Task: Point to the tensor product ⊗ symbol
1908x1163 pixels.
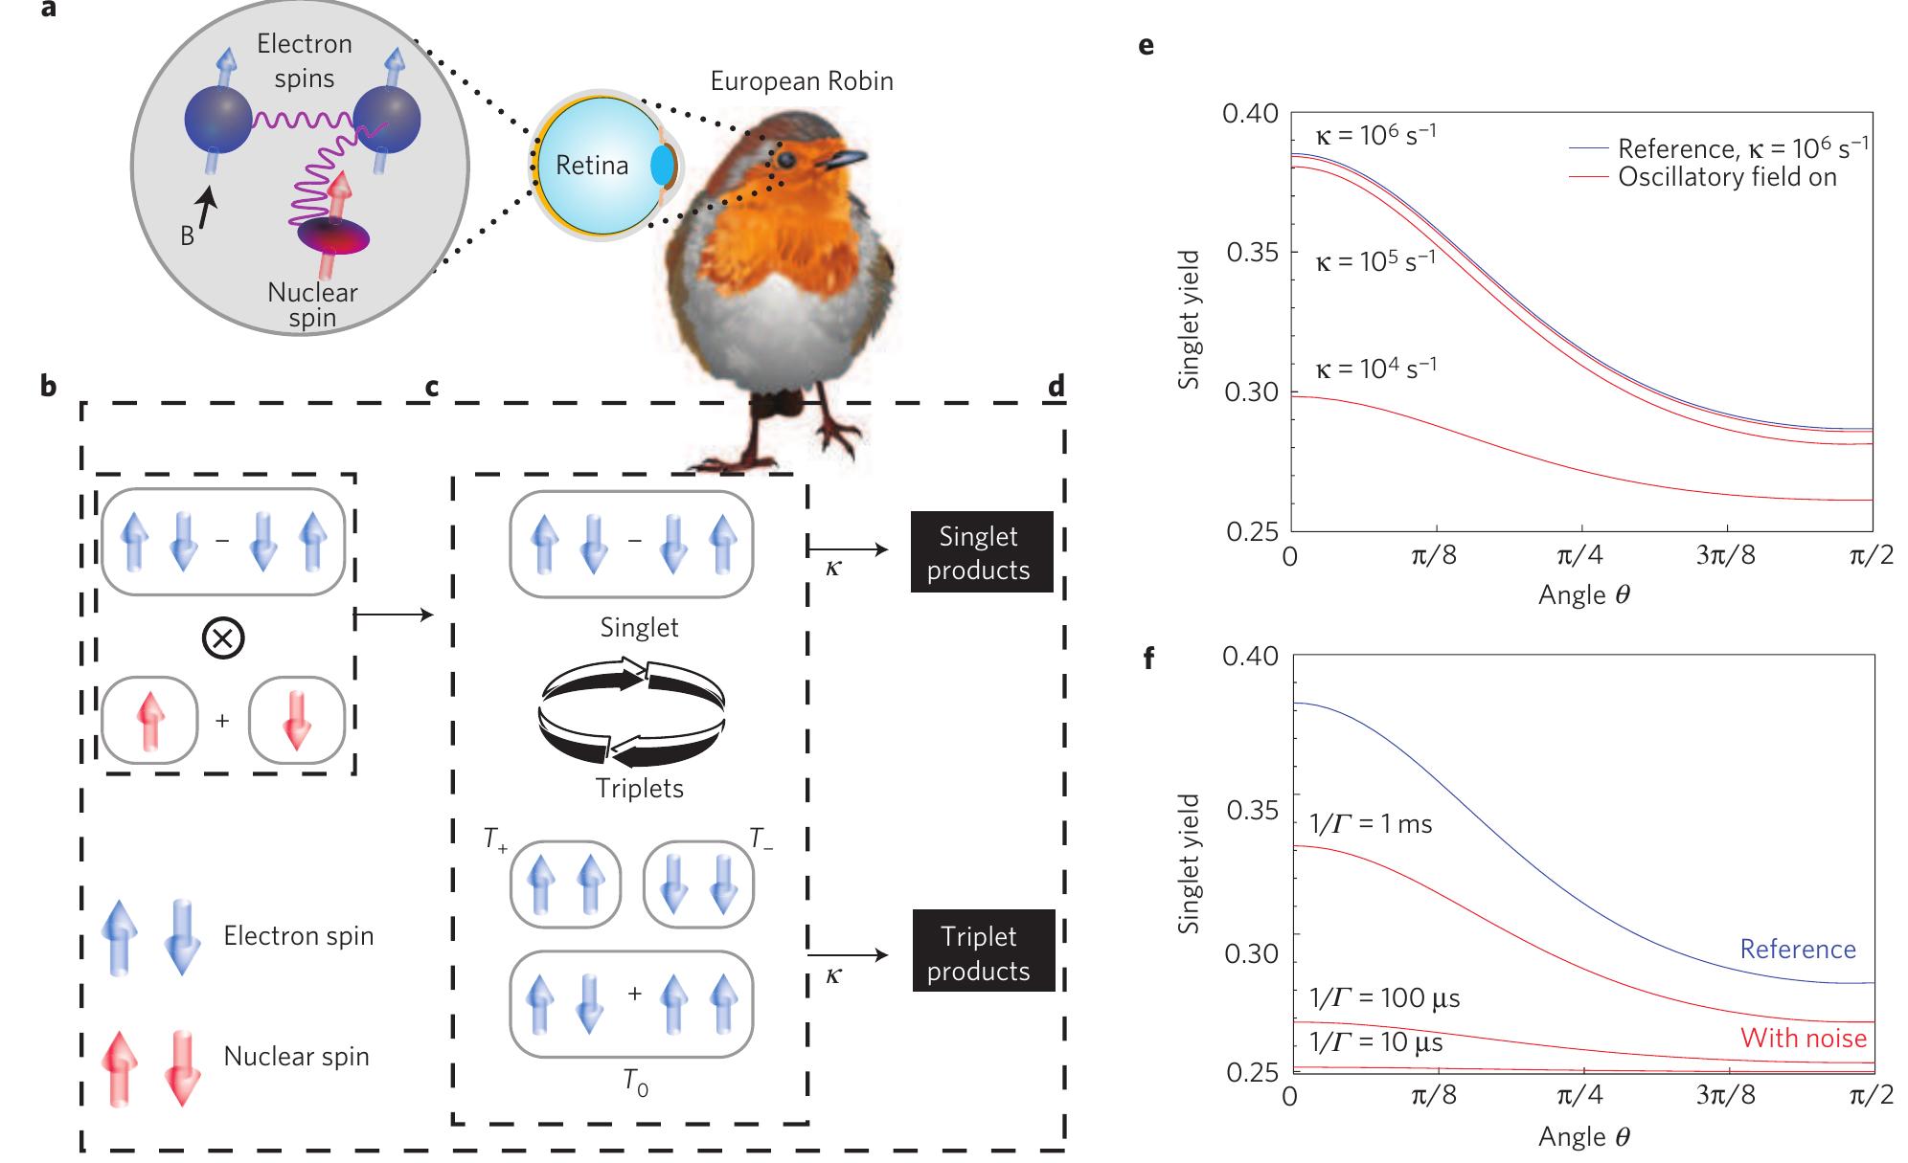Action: pos(223,638)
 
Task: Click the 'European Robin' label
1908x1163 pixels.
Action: pos(802,81)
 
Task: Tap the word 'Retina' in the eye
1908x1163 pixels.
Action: pos(592,166)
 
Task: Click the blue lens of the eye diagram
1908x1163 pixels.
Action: pos(662,166)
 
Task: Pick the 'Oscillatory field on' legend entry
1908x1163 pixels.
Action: pos(1727,177)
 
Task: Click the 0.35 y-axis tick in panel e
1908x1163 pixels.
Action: pos(1251,254)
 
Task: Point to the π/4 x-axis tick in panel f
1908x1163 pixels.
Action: pos(1581,1094)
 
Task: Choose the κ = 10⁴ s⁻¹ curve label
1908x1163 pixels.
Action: pos(1375,368)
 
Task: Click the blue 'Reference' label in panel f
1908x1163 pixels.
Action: pos(1797,949)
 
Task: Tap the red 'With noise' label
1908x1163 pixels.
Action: pos(1803,1038)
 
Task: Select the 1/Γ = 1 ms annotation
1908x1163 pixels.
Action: pos(1370,823)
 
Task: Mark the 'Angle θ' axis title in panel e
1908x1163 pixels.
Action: pos(1583,595)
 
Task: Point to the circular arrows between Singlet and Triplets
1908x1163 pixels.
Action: pos(632,709)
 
